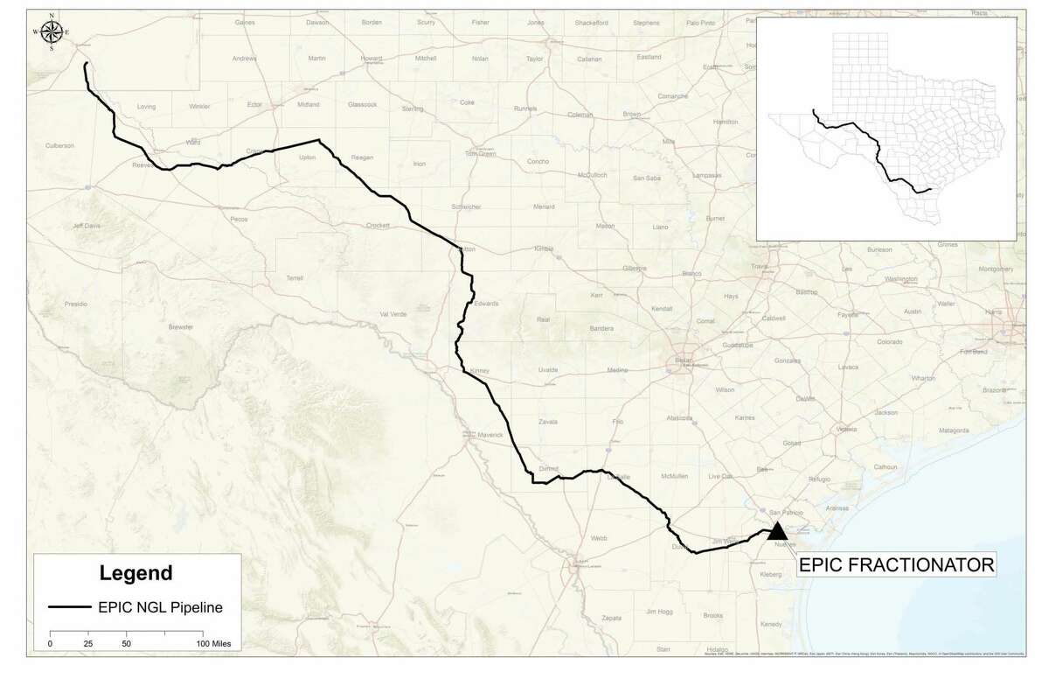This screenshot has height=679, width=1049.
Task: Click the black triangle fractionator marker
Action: click(777, 530)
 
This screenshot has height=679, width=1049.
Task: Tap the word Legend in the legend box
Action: click(135, 574)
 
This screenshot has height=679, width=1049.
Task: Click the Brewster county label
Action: click(180, 325)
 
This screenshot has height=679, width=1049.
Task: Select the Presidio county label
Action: click(75, 304)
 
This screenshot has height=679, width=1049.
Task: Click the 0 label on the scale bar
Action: click(50, 643)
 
